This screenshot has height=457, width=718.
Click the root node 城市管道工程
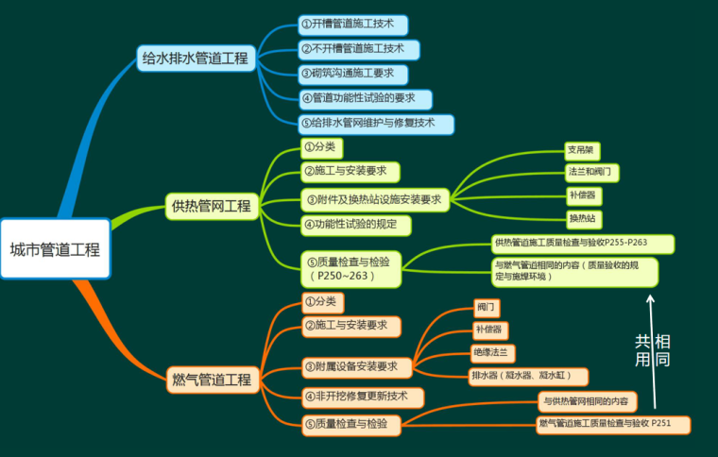click(x=55, y=250)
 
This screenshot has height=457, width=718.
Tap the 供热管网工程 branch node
click(x=211, y=205)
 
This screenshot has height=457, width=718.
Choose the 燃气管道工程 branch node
click(x=211, y=380)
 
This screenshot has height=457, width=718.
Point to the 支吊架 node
click(x=580, y=150)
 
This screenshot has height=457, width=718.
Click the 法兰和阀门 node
click(x=592, y=173)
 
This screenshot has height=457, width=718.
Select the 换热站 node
click(x=582, y=219)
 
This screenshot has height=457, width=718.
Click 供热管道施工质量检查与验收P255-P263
click(x=583, y=244)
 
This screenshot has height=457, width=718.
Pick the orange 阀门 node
click(x=487, y=308)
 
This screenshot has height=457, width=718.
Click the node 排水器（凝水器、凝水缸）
click(x=527, y=377)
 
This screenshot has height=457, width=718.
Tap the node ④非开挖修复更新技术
click(x=361, y=397)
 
